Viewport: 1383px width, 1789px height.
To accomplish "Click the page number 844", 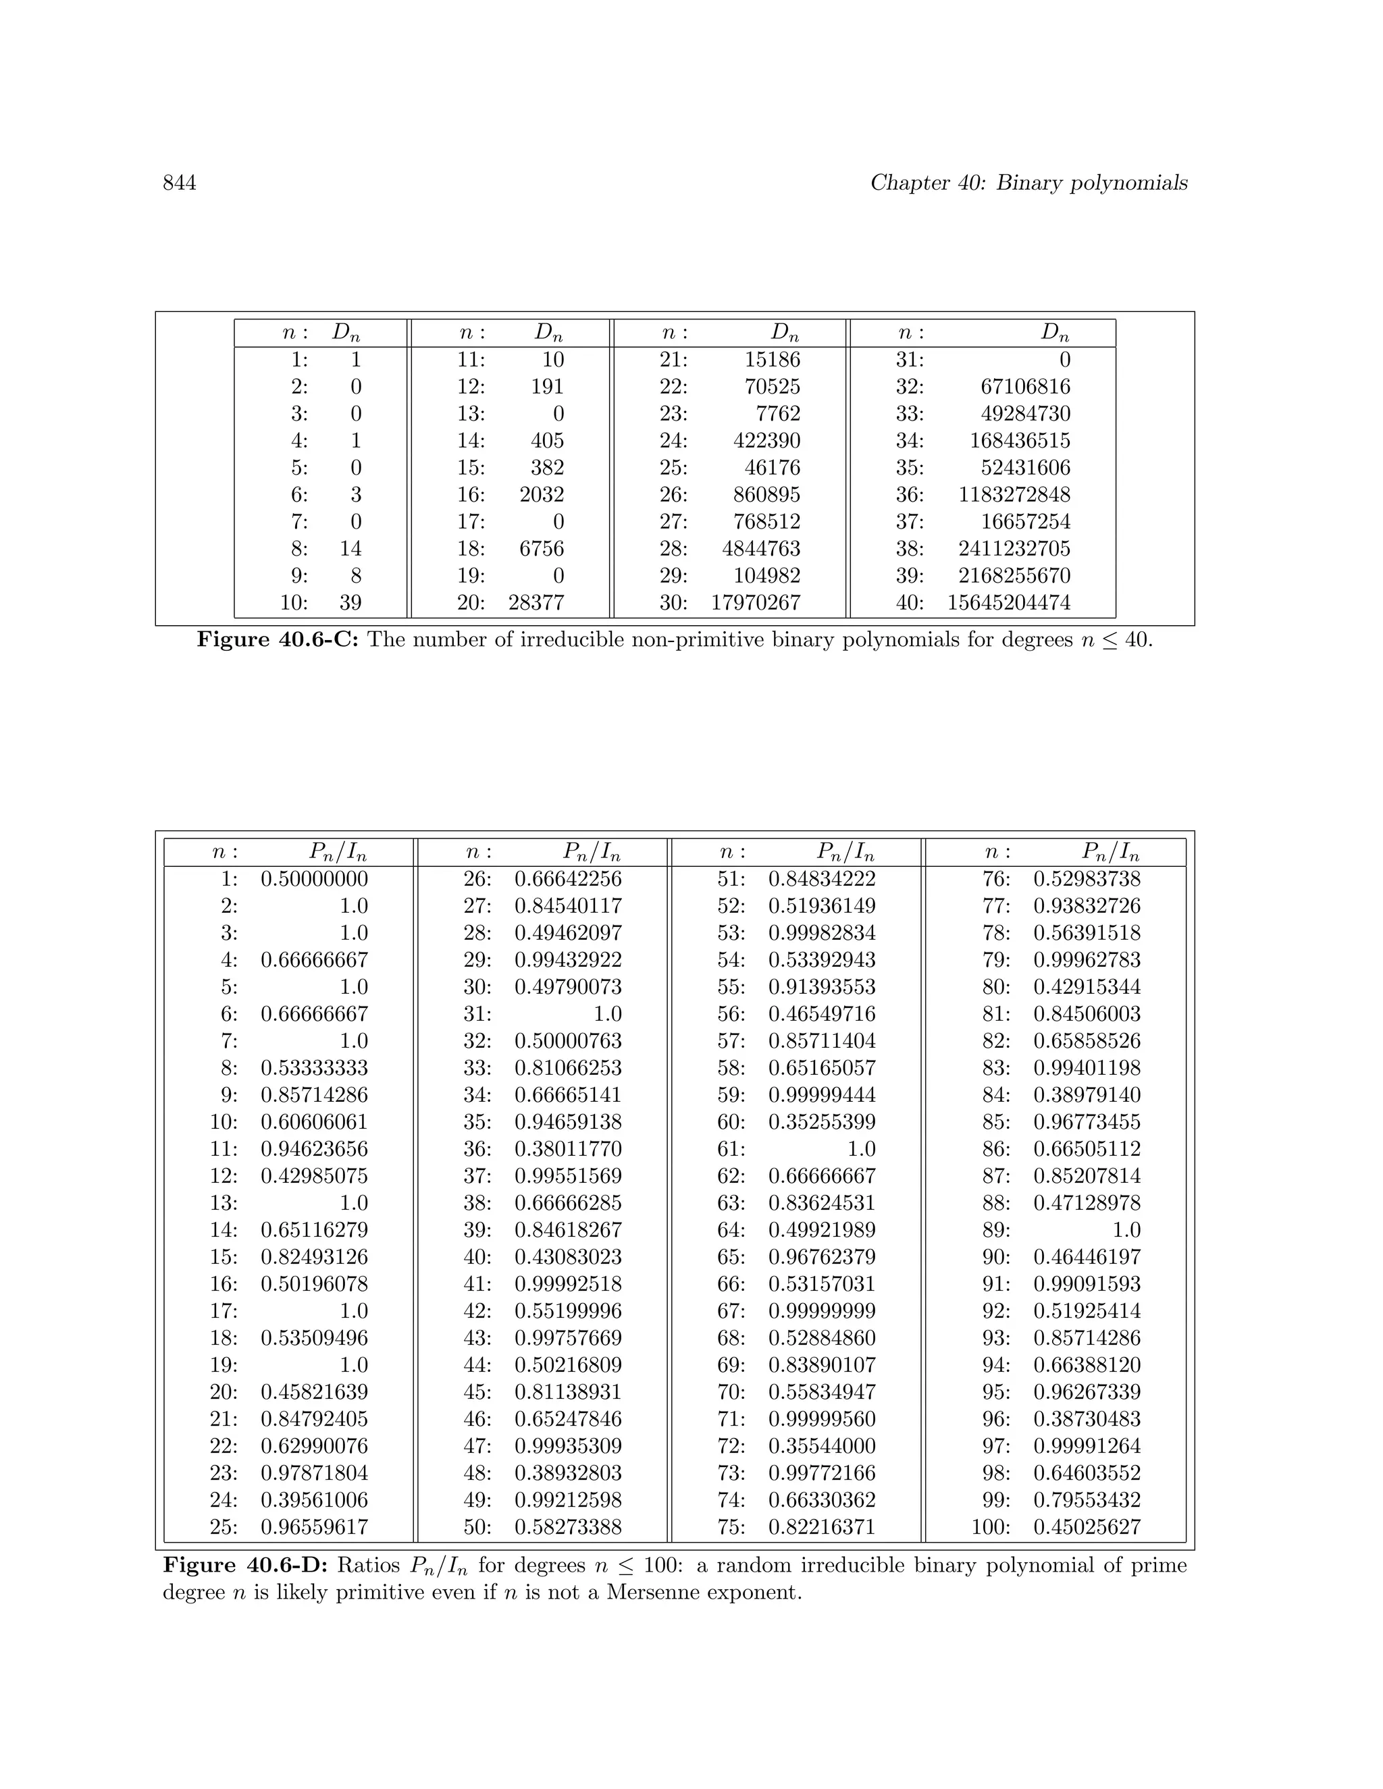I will [180, 183].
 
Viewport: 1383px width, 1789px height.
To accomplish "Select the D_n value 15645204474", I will [1009, 603].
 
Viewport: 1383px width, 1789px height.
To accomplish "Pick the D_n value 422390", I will [767, 441].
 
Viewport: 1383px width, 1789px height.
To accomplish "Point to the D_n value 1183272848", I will [1014, 495].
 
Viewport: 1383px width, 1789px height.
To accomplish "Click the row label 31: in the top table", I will [910, 360].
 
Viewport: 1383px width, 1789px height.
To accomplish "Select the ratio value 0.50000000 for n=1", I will [315, 879].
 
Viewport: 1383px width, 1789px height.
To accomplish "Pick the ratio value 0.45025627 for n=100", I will [1087, 1528].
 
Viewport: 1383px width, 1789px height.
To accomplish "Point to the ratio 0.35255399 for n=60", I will [822, 1122].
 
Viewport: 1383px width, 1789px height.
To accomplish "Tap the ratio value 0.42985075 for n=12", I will [315, 1176].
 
